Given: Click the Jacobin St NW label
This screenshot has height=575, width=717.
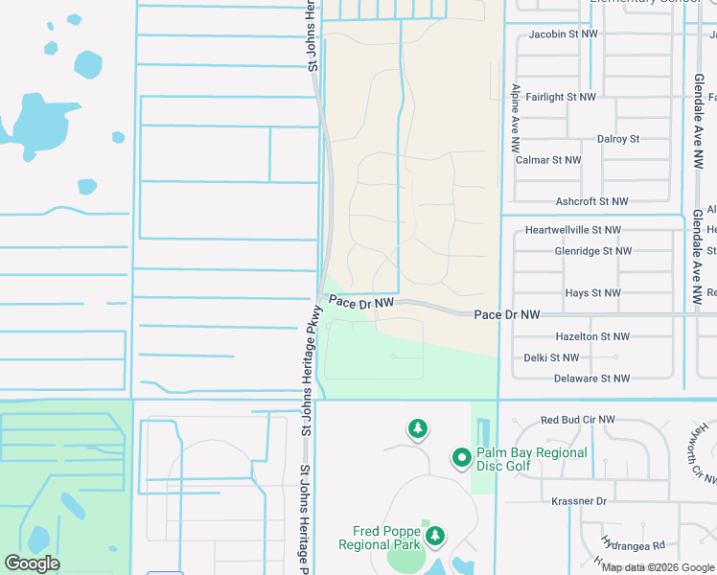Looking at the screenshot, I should [565, 34].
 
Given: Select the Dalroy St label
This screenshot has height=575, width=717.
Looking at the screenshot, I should [617, 139].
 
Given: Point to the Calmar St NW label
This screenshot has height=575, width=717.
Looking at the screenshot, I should [548, 160].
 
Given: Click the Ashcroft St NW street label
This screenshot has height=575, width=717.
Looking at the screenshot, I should [591, 201].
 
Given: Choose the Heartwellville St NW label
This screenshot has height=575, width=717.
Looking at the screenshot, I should [573, 230].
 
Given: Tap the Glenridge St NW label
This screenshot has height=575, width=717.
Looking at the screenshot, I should [592, 251].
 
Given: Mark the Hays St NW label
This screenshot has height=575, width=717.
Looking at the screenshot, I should [592, 293].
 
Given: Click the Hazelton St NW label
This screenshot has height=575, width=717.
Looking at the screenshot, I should [592, 336].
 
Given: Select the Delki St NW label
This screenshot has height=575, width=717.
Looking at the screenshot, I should [551, 357].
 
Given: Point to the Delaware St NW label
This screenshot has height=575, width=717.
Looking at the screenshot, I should [591, 379].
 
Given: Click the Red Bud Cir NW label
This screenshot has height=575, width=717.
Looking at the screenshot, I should [578, 420].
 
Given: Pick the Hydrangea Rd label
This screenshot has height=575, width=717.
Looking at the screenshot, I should [634, 544].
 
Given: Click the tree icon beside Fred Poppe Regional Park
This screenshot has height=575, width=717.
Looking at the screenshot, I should [436, 535].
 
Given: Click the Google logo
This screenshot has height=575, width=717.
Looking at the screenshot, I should [32, 563].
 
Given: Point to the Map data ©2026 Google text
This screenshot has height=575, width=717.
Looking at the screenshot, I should [658, 567].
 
